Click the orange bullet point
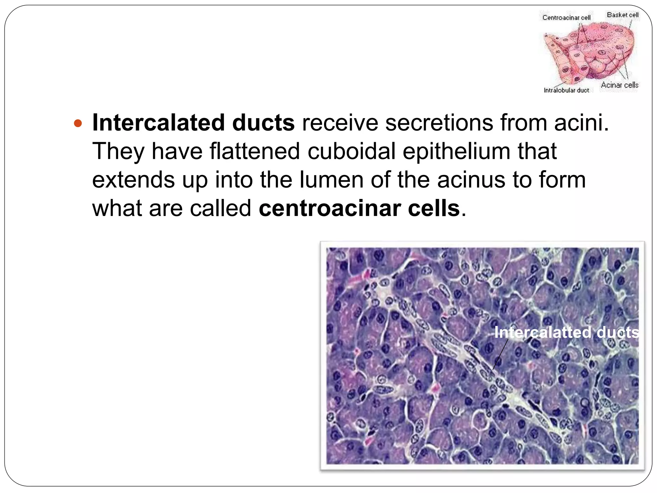(78, 123)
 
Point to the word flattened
(255, 151)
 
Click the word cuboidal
(351, 151)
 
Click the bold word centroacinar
(329, 208)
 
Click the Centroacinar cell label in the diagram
(566, 18)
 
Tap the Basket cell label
(622, 15)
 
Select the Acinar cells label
(619, 85)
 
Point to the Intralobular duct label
(566, 91)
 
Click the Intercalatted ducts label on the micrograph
(566, 332)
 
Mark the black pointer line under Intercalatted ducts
(501, 354)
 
